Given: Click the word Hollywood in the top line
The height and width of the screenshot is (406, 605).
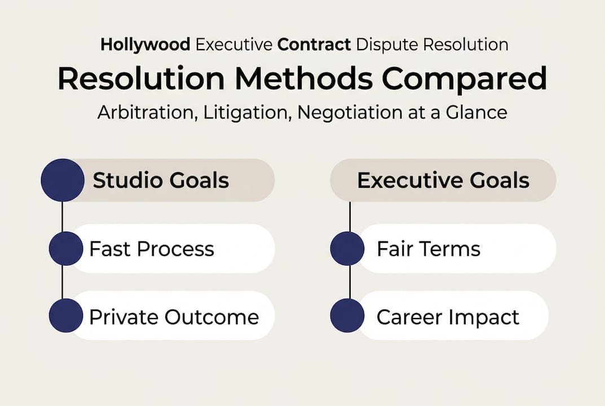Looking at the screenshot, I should click(x=145, y=45).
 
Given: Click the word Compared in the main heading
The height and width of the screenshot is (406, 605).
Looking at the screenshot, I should click(x=463, y=79).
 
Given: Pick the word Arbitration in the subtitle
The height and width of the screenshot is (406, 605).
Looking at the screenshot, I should click(x=143, y=112).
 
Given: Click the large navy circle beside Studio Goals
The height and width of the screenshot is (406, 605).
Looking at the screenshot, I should click(x=63, y=180).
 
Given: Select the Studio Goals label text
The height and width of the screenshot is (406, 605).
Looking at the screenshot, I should click(x=161, y=180).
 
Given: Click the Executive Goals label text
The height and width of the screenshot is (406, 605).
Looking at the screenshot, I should click(x=443, y=180).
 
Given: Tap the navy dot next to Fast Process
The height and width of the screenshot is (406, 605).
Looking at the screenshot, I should click(x=66, y=249).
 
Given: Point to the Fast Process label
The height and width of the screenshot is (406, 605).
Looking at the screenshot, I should click(x=152, y=249).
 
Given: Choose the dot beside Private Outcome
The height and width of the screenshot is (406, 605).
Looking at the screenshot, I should click(x=66, y=316).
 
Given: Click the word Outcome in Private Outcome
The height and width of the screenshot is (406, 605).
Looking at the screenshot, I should click(x=211, y=317).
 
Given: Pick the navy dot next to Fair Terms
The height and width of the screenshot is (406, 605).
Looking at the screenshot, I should click(x=347, y=249).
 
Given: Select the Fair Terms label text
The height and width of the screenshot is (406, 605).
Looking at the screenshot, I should click(x=429, y=249).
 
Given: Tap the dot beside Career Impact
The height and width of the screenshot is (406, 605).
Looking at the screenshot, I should click(x=347, y=316).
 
